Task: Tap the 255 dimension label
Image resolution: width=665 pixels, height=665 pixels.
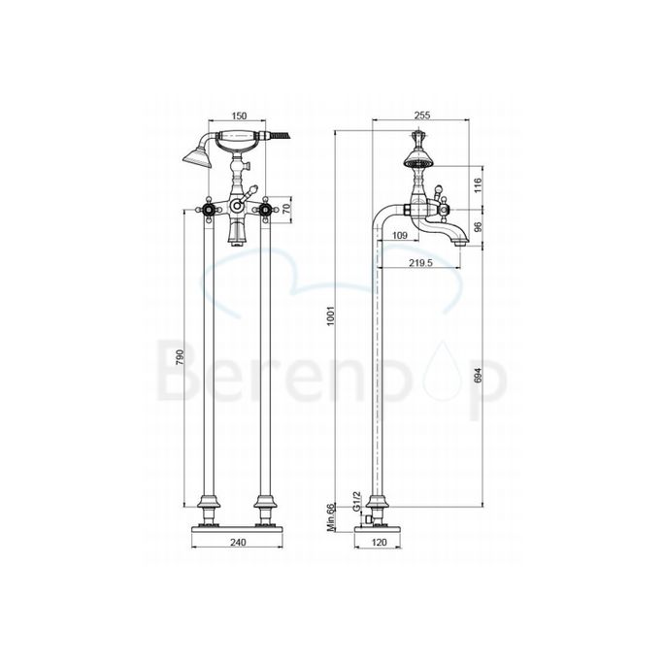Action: (x=421, y=114)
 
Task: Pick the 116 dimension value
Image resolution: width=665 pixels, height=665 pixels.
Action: (x=476, y=184)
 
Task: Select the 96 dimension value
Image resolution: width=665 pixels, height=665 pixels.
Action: (x=476, y=227)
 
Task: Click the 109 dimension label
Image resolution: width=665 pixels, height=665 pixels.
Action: (x=398, y=235)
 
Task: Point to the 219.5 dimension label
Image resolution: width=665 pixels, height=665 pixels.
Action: (x=419, y=262)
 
